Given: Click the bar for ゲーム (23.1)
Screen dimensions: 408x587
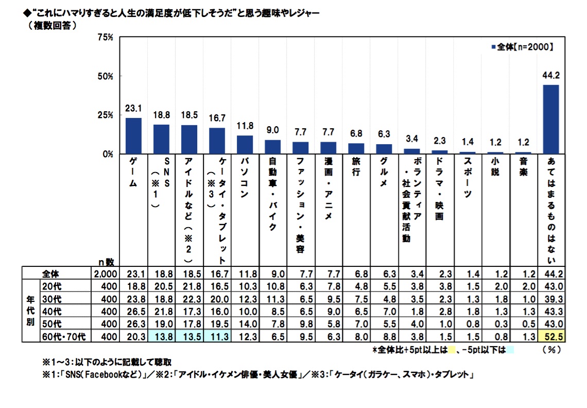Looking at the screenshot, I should pyautogui.click(x=133, y=135).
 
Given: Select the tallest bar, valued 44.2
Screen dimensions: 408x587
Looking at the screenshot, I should pyautogui.click(x=550, y=119).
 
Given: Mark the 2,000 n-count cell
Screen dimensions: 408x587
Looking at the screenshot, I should pyautogui.click(x=106, y=273).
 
